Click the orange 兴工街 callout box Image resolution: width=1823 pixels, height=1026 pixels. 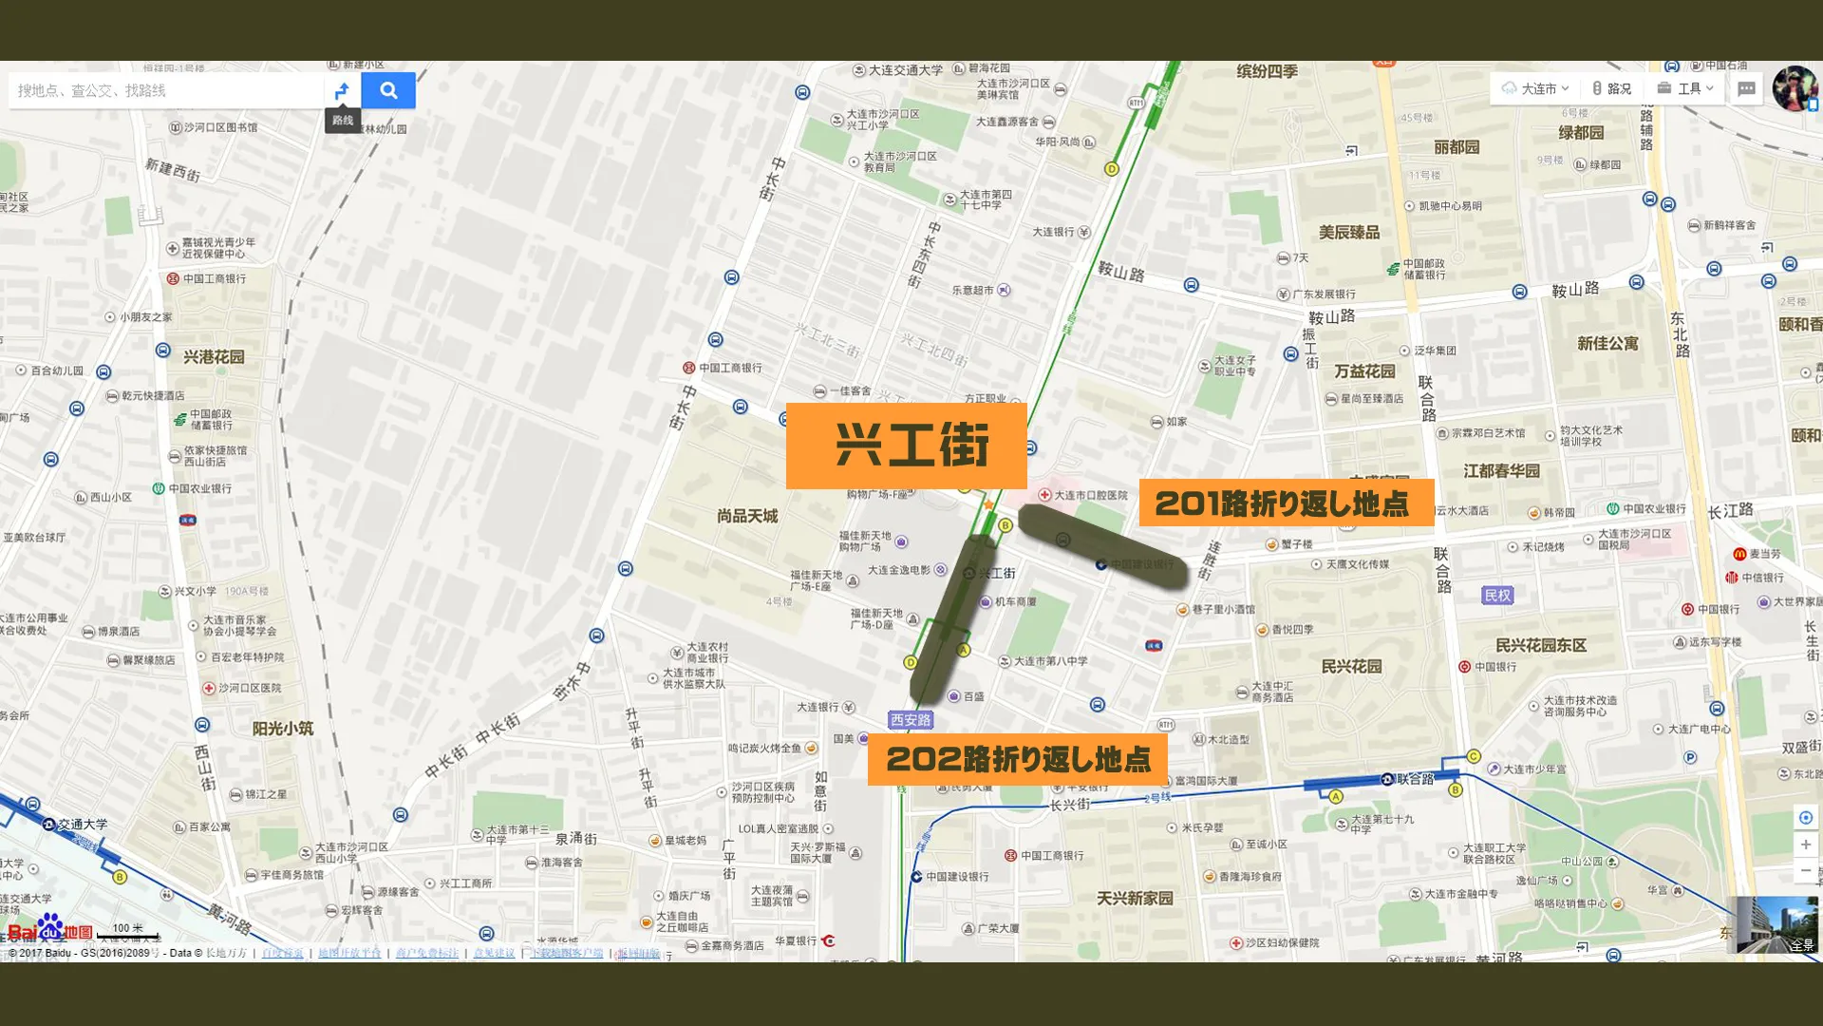coord(906,446)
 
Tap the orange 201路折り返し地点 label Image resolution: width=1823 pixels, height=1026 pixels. coord(1286,503)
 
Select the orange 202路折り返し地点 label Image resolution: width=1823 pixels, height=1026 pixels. coord(1017,759)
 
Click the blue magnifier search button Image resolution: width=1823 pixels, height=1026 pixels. coord(388,90)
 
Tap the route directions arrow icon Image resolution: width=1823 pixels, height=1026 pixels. coord(343,90)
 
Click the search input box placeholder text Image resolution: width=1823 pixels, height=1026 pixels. coord(92,90)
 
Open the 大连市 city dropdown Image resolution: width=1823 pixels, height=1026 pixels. coord(1535,88)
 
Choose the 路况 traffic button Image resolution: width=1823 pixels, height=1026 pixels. coord(1612,88)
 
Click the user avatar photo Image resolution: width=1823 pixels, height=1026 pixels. coord(1794,88)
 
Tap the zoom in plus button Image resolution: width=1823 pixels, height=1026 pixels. coord(1805,845)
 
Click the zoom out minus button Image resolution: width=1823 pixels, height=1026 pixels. coord(1805,870)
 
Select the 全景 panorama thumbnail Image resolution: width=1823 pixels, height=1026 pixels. coord(1773,923)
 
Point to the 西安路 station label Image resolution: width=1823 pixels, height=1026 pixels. coord(911,720)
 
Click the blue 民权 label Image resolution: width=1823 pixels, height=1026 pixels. coord(1496,596)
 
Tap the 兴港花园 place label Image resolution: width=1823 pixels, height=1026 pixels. coord(214,357)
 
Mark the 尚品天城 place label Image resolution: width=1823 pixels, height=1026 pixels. coord(747,516)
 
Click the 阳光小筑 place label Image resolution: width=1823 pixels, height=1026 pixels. coord(282,729)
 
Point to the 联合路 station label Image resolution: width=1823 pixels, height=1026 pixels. coord(1415,779)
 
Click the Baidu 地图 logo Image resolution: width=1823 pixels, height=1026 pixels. coord(50,930)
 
